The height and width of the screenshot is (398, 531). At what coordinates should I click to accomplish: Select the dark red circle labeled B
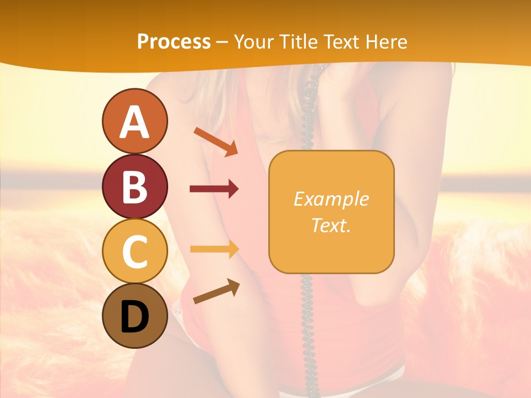135,186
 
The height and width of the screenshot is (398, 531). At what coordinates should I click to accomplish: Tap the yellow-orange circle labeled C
135,251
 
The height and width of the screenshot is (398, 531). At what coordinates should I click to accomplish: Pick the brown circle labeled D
135,316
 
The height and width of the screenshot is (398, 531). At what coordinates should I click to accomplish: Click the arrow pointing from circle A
216,142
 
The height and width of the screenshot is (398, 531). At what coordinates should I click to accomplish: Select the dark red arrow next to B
214,189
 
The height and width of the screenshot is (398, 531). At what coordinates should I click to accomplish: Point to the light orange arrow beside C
214,249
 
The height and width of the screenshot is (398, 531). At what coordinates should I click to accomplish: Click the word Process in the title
174,42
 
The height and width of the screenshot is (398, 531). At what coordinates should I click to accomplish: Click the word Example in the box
331,199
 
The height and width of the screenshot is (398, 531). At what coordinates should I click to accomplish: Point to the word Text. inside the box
331,225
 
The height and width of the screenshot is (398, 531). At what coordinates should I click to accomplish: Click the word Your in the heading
254,42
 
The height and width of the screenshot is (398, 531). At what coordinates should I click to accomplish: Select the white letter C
135,252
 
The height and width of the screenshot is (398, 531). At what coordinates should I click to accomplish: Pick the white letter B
135,187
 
